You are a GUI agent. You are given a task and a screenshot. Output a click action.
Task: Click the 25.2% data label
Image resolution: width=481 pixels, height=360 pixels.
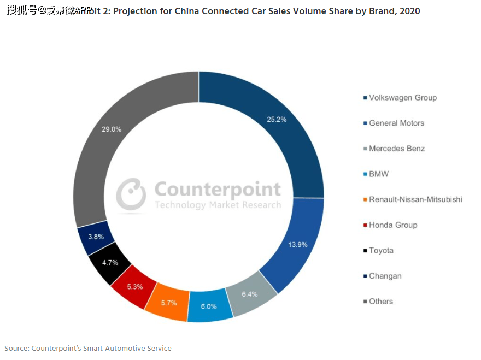[277, 119]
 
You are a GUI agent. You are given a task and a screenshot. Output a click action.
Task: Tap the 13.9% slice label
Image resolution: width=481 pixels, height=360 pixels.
[298, 244]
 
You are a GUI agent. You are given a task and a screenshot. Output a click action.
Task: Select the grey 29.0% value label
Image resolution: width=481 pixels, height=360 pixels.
[111, 129]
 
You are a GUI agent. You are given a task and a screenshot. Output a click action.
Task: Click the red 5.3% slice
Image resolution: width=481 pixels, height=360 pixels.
[134, 286]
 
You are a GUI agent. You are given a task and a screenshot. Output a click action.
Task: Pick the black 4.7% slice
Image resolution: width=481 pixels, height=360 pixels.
[110, 263]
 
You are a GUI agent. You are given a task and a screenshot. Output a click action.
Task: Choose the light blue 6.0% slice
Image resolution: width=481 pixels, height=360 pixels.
[209, 306]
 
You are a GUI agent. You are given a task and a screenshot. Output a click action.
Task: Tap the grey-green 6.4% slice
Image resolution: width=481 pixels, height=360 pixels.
[249, 294]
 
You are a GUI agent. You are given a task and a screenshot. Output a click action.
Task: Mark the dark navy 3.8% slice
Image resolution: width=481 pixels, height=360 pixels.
[97, 237]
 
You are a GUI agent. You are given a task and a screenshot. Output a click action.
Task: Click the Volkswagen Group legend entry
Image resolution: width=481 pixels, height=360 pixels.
[402, 98]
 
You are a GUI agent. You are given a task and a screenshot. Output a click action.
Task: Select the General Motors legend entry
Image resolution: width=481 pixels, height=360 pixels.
[396, 123]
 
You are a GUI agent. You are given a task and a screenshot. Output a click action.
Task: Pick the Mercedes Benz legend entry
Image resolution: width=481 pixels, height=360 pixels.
[396, 149]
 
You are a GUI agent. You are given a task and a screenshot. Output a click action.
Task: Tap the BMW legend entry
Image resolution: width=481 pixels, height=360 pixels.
[378, 174]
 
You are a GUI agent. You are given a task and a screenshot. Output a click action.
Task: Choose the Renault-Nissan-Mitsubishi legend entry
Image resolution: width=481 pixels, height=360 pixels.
[415, 199]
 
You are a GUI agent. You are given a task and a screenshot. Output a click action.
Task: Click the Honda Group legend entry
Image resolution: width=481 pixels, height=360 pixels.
[392, 225]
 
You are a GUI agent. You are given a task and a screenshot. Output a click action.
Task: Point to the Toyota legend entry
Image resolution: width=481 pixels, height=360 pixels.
[380, 250]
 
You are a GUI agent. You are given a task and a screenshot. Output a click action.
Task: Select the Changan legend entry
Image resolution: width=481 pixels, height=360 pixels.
[385, 276]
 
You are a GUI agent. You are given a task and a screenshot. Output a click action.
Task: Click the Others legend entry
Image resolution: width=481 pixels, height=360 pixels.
[380, 301]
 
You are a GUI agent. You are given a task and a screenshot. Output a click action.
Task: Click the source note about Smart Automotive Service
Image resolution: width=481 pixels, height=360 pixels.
[88, 348]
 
